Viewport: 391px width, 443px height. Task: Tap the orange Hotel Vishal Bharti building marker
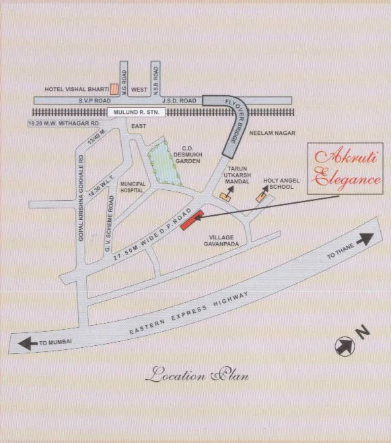tap(115, 88)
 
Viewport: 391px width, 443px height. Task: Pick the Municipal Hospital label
tap(132, 187)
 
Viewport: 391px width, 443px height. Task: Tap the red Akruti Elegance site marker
tap(191, 221)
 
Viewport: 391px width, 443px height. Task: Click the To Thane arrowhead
tap(367, 238)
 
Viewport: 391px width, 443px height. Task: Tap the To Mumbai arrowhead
tap(28, 344)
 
